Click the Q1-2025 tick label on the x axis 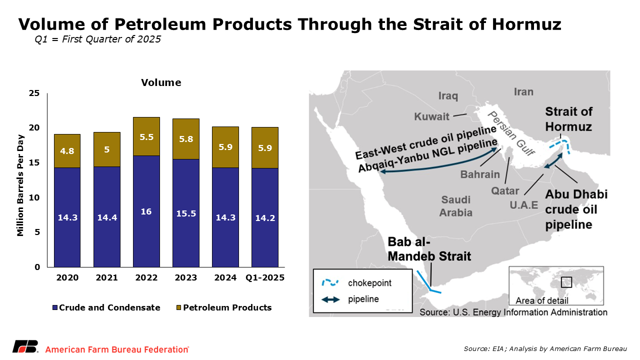pos(265,277)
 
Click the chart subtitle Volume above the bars pos(161,82)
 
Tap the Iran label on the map pos(523,92)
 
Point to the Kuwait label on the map pos(431,117)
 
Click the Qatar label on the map pos(505,190)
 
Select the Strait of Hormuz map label pos(568,119)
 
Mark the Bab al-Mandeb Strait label pos(429,249)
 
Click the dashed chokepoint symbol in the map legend pos(330,283)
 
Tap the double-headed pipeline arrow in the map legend pos(330,299)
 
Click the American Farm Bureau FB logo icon pos(25,348)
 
